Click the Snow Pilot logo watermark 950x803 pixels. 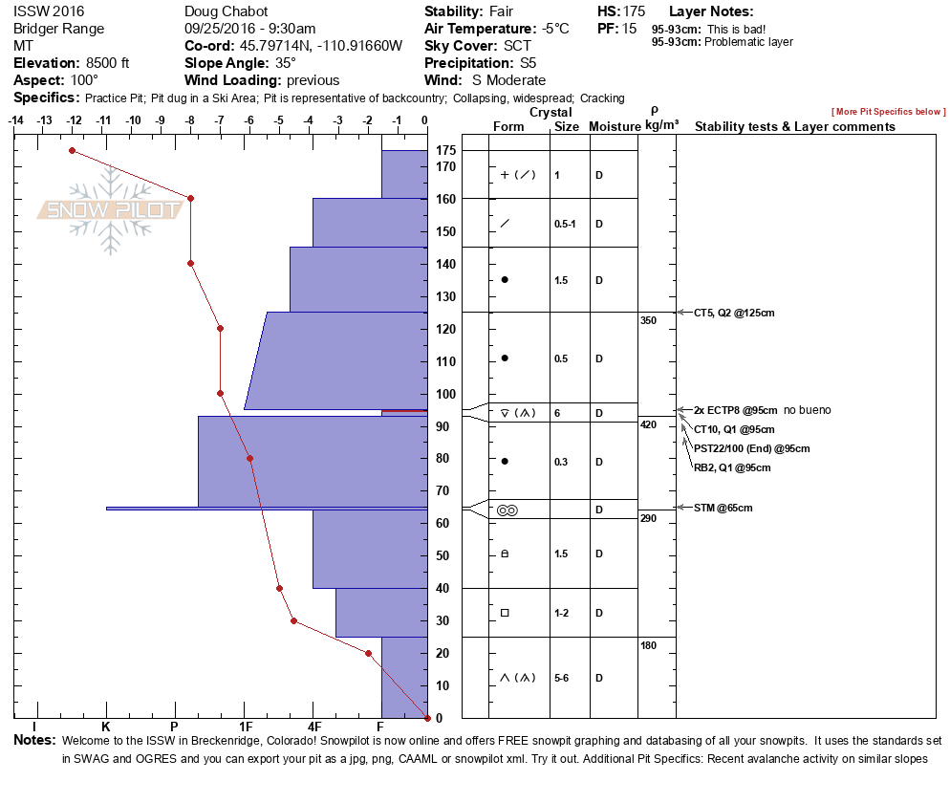coord(111,210)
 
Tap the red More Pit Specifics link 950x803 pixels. coord(888,113)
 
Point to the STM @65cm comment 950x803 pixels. coord(723,508)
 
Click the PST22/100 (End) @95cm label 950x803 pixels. coord(751,448)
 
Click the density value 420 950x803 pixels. coord(648,424)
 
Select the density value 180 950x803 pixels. coord(648,646)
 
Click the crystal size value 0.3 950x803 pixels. coord(561,462)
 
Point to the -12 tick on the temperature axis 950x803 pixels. coord(74,120)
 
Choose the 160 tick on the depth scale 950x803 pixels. coord(444,199)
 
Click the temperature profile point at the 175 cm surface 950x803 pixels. coord(72,150)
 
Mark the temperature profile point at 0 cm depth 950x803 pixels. coord(426,718)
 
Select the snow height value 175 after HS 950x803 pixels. coord(634,11)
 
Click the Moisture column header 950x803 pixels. coord(613,127)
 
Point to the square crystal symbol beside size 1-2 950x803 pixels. coord(505,613)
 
